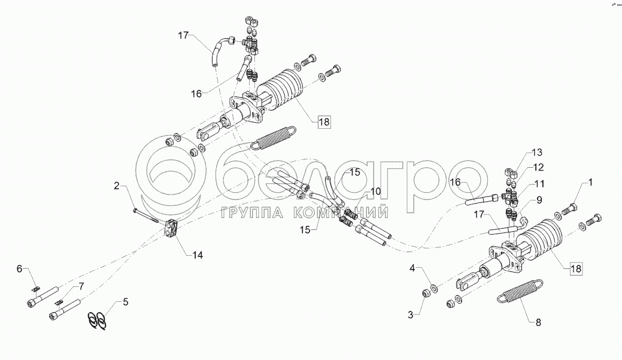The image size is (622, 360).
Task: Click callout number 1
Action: point(590,181)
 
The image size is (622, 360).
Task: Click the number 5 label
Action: point(125,301)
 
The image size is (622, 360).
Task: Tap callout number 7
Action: point(81,286)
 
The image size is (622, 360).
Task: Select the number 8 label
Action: point(538,323)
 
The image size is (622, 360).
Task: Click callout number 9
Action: point(538,200)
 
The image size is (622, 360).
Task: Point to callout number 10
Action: point(375,191)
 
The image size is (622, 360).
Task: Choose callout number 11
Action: point(539,183)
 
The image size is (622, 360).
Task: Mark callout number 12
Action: point(539,167)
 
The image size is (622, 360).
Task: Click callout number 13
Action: point(536,152)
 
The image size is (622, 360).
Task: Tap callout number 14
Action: point(198,255)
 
